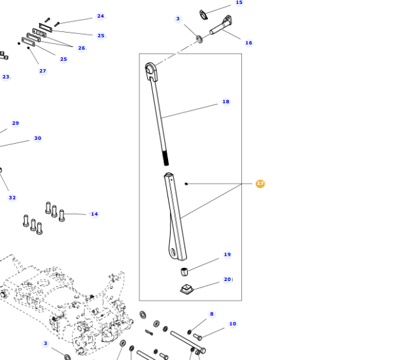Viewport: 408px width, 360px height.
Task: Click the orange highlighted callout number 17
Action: [x=260, y=184]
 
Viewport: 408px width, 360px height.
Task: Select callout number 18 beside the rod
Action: [x=226, y=102]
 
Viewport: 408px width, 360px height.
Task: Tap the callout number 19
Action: [x=227, y=255]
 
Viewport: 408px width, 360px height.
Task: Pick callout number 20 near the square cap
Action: [x=227, y=280]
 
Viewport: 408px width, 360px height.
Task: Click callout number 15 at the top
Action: [x=239, y=3]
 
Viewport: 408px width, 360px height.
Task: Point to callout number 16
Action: [x=248, y=43]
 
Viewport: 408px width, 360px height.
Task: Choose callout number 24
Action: [x=100, y=16]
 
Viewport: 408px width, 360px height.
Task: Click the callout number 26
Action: [x=81, y=48]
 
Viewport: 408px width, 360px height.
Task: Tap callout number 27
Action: [x=42, y=71]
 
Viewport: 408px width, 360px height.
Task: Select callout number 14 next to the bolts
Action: [x=94, y=214]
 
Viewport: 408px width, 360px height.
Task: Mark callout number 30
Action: [x=37, y=139]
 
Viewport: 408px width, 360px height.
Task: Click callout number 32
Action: [x=12, y=198]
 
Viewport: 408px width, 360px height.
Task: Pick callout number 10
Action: [x=232, y=324]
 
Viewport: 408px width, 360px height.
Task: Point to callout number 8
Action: [x=211, y=314]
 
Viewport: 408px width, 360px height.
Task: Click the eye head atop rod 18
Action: [x=151, y=70]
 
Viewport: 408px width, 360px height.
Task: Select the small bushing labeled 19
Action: [x=185, y=271]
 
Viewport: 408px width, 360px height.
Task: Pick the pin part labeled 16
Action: [x=220, y=27]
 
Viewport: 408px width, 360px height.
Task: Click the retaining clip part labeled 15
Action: [x=205, y=14]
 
